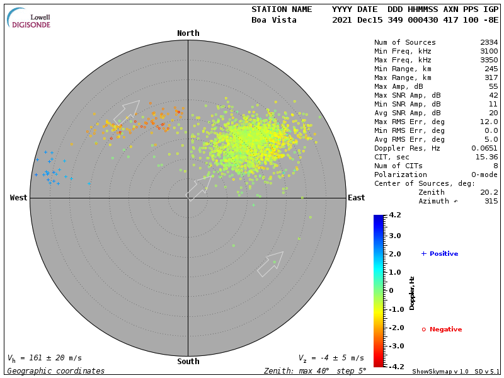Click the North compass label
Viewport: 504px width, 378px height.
(x=188, y=33)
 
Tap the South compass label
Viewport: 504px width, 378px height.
(x=188, y=362)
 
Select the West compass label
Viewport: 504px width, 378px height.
(x=18, y=198)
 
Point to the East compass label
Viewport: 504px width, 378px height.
(x=356, y=198)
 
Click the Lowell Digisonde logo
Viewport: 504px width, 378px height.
(x=30, y=18)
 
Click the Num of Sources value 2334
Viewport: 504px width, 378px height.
(x=489, y=43)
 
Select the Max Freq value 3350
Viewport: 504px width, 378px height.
(x=489, y=60)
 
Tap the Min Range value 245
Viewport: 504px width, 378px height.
(x=491, y=69)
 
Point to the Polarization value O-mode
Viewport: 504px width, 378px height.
(x=482, y=175)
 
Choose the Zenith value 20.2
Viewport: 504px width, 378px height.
(x=489, y=193)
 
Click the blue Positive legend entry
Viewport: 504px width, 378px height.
(x=440, y=254)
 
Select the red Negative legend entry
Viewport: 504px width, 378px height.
(x=442, y=329)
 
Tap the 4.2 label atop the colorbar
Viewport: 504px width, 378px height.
(x=395, y=215)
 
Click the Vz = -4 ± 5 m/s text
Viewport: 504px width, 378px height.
(x=331, y=358)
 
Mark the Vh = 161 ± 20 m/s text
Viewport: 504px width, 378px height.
(x=44, y=358)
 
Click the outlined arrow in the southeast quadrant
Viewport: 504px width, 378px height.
(x=271, y=263)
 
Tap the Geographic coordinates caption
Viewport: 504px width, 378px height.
(x=56, y=371)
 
